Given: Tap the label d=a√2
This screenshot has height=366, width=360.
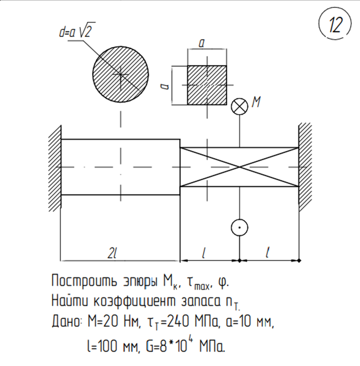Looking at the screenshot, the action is [x=77, y=30].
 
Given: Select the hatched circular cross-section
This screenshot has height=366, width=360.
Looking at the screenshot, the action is [x=120, y=74].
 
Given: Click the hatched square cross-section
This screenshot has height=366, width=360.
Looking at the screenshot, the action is [x=207, y=85].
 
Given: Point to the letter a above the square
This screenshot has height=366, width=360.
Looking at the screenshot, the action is [x=202, y=43].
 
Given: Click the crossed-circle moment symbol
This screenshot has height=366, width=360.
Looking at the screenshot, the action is [x=240, y=107].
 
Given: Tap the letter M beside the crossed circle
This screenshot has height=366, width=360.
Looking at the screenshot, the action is [x=256, y=102].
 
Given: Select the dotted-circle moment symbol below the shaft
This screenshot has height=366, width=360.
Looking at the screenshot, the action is [x=240, y=228].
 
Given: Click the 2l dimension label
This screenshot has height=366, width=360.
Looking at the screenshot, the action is [x=112, y=253].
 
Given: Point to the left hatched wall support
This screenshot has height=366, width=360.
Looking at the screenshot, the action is [x=55, y=168].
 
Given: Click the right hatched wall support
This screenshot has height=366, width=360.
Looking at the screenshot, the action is [x=305, y=167].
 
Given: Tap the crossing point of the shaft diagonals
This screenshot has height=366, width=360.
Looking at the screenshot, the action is [x=240, y=167].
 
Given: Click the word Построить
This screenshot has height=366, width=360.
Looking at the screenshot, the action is [x=84, y=281].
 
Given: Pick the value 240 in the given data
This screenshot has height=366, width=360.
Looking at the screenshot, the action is [x=178, y=321].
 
